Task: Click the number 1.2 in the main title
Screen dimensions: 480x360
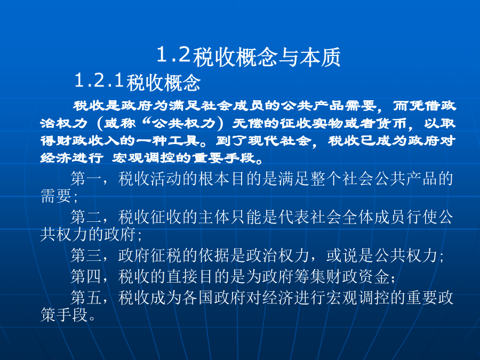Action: [x=174, y=55]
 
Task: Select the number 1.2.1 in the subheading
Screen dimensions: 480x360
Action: [x=99, y=81]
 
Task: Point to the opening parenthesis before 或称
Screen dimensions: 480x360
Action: [x=100, y=124]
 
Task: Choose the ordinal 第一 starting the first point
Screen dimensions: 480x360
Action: [x=86, y=179]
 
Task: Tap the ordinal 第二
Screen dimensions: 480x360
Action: [x=86, y=217]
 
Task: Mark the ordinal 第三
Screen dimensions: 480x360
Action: [x=86, y=255]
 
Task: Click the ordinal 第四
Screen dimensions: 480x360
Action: [x=86, y=276]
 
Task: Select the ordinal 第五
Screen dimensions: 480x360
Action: [x=86, y=298]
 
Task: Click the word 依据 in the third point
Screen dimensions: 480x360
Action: [x=214, y=255]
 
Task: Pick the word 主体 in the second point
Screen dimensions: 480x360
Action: [x=214, y=217]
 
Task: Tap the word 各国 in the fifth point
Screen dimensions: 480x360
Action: [x=198, y=298]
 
